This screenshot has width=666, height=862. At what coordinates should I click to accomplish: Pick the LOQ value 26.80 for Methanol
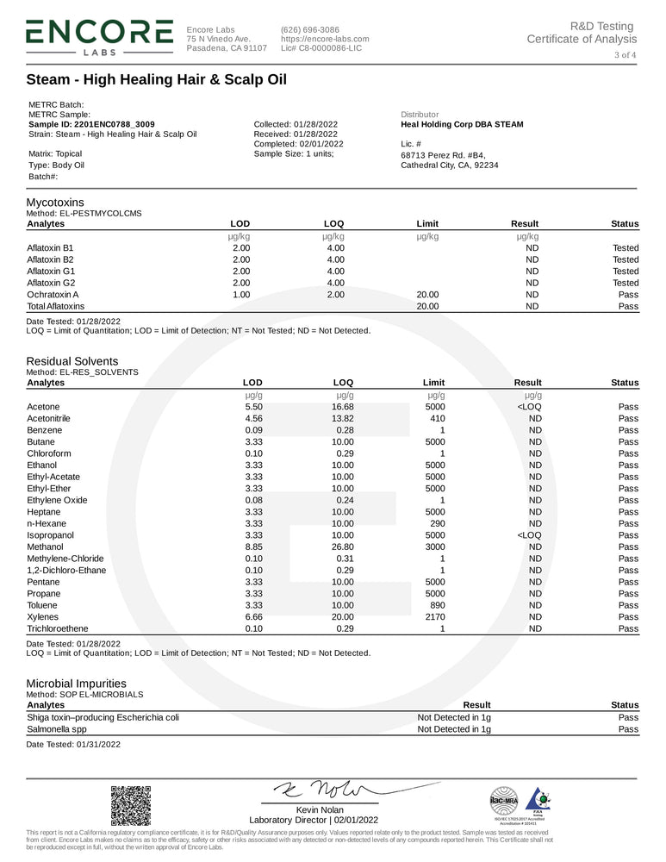[x=343, y=547]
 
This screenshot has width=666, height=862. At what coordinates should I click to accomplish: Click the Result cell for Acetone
[x=528, y=406]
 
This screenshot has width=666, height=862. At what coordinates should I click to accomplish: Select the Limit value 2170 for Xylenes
[x=434, y=617]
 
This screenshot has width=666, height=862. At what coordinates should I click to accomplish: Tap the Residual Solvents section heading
[x=72, y=361]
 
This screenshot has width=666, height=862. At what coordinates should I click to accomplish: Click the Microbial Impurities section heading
[x=76, y=683]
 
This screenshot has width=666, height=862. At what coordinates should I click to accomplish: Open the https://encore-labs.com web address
[x=325, y=39]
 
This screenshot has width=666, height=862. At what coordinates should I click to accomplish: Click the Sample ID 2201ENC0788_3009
[x=91, y=124]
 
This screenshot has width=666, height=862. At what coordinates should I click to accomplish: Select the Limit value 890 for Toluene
[x=437, y=605]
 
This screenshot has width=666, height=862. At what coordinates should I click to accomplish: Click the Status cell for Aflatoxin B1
[x=626, y=247]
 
